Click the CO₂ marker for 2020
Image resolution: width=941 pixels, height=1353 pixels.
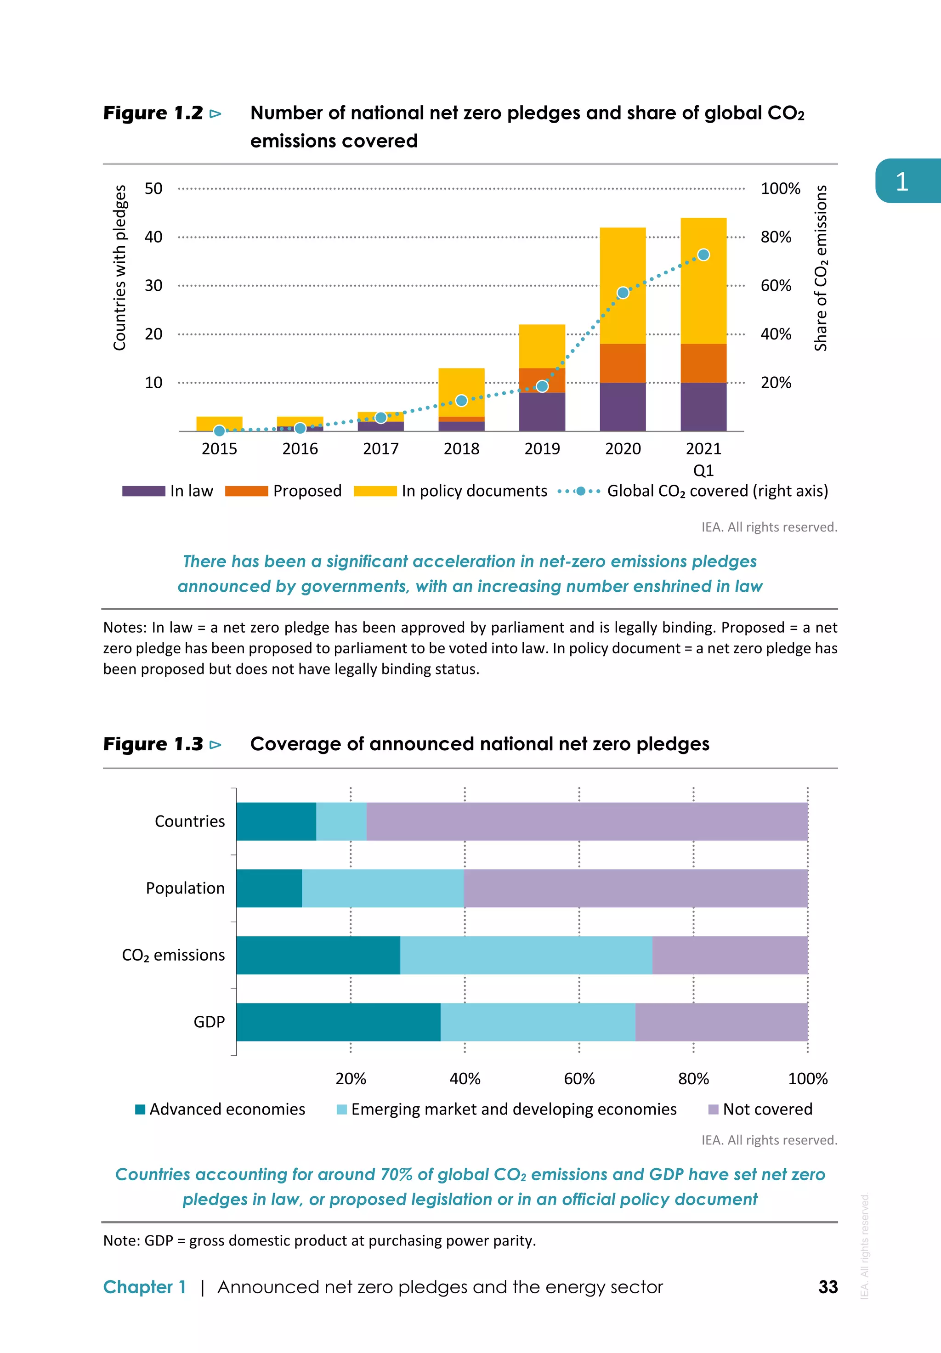click(x=623, y=293)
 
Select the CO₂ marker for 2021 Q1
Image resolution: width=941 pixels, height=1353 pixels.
click(x=703, y=255)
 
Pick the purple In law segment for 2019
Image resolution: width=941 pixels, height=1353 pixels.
click(x=542, y=412)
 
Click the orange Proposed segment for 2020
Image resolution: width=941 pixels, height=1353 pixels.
click(x=623, y=363)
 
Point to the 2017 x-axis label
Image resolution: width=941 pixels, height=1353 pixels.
click(x=380, y=449)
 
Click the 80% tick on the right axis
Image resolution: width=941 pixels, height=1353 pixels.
click(x=776, y=237)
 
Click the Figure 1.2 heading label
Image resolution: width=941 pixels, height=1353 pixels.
click(x=153, y=113)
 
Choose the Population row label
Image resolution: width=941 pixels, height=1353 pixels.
click(x=185, y=888)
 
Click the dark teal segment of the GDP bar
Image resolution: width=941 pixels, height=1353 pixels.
click(x=338, y=1022)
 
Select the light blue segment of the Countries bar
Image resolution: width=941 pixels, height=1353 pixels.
click(x=341, y=821)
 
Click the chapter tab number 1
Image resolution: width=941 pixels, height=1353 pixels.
click(x=901, y=181)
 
